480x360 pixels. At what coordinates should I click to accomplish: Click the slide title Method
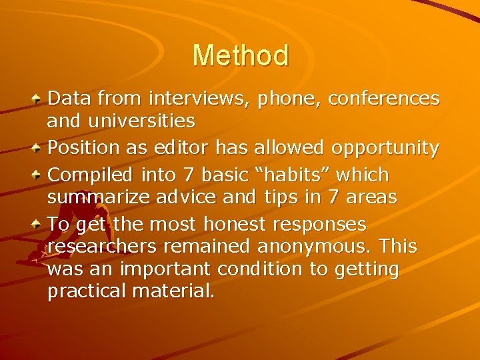click(240, 55)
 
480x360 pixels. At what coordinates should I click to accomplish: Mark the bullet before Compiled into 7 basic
click(38, 173)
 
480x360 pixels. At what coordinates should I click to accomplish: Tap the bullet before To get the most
click(38, 223)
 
